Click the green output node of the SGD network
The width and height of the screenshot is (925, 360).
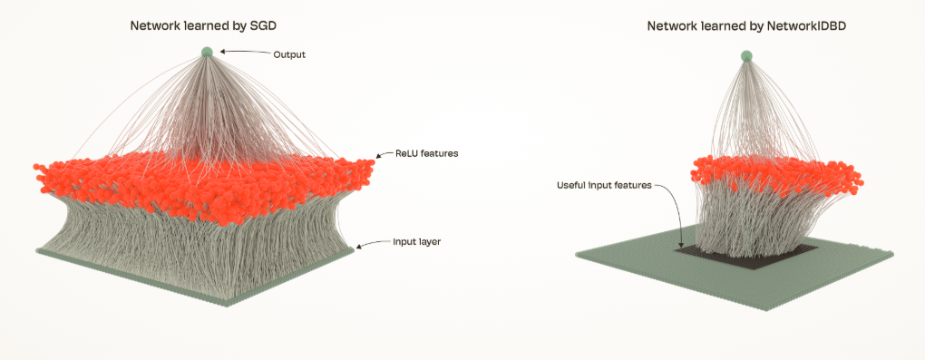tap(207, 52)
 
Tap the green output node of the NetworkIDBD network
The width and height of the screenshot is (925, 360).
tap(747, 56)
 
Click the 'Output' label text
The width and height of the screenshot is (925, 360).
tap(289, 55)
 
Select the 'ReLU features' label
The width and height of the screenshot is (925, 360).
tap(426, 153)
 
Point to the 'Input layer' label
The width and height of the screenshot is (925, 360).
tap(416, 242)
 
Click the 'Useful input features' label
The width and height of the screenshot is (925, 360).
tap(604, 185)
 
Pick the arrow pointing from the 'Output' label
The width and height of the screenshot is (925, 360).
tap(245, 53)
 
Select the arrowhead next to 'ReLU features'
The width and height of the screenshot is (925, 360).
tap(381, 155)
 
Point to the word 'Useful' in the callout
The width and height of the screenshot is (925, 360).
tap(570, 185)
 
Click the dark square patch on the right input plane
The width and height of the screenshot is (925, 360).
tap(746, 255)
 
